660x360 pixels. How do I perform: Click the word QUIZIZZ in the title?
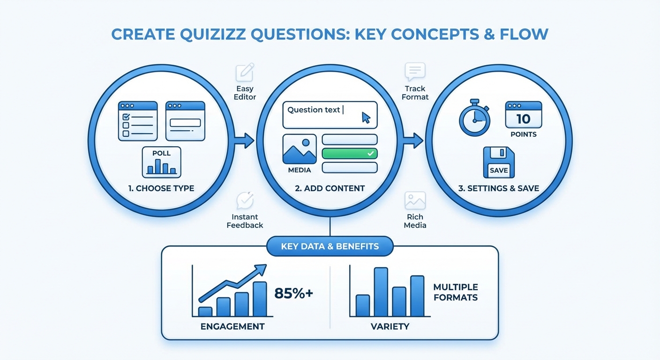213,35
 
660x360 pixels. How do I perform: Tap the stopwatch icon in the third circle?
474,118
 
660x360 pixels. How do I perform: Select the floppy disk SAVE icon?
499,162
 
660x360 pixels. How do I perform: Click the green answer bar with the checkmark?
350,153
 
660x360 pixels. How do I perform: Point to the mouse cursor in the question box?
366,118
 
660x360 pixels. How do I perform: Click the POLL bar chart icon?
161,162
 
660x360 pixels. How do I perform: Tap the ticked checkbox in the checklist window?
126,117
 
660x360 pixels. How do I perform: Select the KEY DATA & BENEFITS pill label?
330,246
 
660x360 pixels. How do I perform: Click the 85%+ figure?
293,293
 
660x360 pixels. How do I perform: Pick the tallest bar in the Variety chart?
381,292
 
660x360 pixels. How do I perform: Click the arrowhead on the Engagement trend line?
261,269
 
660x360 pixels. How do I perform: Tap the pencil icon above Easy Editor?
245,72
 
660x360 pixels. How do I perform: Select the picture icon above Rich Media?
415,201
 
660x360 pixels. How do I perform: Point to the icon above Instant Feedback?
245,200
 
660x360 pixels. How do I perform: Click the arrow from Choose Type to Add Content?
244,141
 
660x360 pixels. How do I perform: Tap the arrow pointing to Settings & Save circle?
413,141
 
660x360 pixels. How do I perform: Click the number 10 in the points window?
523,119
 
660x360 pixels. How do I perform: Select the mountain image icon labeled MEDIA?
300,149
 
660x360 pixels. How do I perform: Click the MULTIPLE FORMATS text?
456,292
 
